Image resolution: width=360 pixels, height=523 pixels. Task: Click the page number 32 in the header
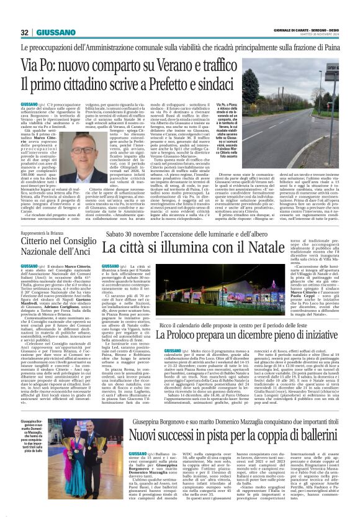click(24, 32)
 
